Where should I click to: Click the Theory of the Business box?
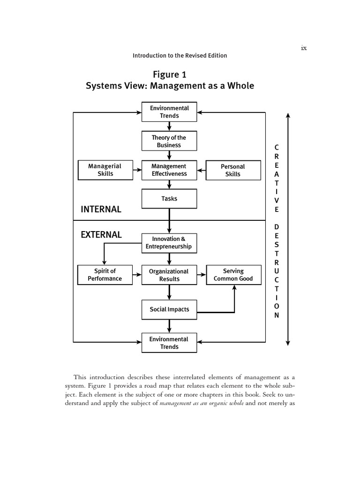169,141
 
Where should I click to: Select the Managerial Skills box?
105,170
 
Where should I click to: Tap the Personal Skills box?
233,170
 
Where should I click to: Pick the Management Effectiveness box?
169,170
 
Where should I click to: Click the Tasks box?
169,199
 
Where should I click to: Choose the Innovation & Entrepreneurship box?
169,243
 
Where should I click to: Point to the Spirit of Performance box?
105,275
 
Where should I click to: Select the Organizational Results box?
169,275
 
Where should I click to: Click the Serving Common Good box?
233,275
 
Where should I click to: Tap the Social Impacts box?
169,309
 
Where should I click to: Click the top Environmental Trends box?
169,112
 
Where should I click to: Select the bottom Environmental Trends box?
169,343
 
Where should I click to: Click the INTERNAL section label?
101,210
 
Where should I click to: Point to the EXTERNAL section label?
101,235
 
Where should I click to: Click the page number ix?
304,48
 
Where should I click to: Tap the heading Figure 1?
170,75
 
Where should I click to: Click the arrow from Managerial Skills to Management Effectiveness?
137,170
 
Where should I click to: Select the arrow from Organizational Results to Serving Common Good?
202,275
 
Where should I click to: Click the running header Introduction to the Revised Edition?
180,55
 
